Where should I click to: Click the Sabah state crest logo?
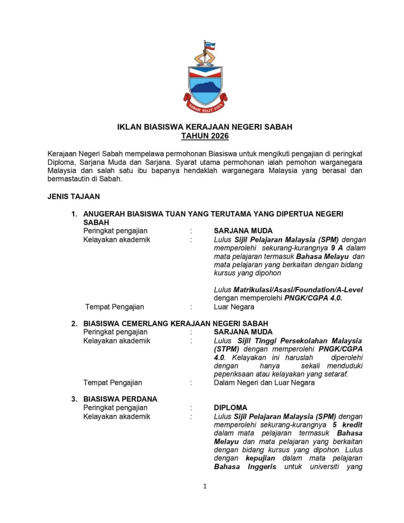click(x=205, y=83)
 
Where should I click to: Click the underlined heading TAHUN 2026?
click(x=205, y=136)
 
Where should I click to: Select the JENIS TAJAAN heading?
click(x=73, y=197)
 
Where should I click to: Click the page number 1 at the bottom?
click(x=205, y=486)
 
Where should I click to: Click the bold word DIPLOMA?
click(x=230, y=408)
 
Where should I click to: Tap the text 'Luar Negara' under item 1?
click(x=234, y=307)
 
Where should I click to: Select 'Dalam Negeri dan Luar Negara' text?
click(x=264, y=383)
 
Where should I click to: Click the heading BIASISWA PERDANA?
click(x=120, y=399)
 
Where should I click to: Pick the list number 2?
click(x=74, y=323)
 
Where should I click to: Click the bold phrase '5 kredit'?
click(x=347, y=425)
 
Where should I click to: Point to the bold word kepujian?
click(x=260, y=458)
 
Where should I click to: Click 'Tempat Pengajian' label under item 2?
click(x=112, y=383)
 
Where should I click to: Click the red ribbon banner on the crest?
click(x=205, y=105)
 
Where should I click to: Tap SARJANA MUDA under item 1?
click(x=243, y=231)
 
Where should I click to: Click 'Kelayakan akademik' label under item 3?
click(x=116, y=416)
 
